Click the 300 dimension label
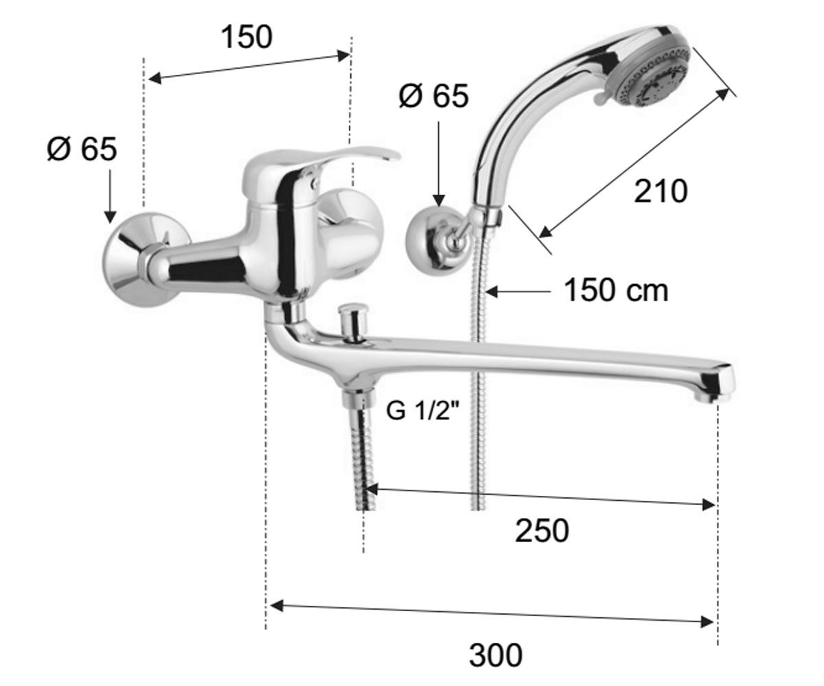point(496,655)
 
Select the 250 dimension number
point(542,531)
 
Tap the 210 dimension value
point(661,191)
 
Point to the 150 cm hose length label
point(616,290)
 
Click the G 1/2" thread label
point(424,411)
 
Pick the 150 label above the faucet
point(247,38)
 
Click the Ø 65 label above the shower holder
point(433,96)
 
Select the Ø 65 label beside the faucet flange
point(82,150)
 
